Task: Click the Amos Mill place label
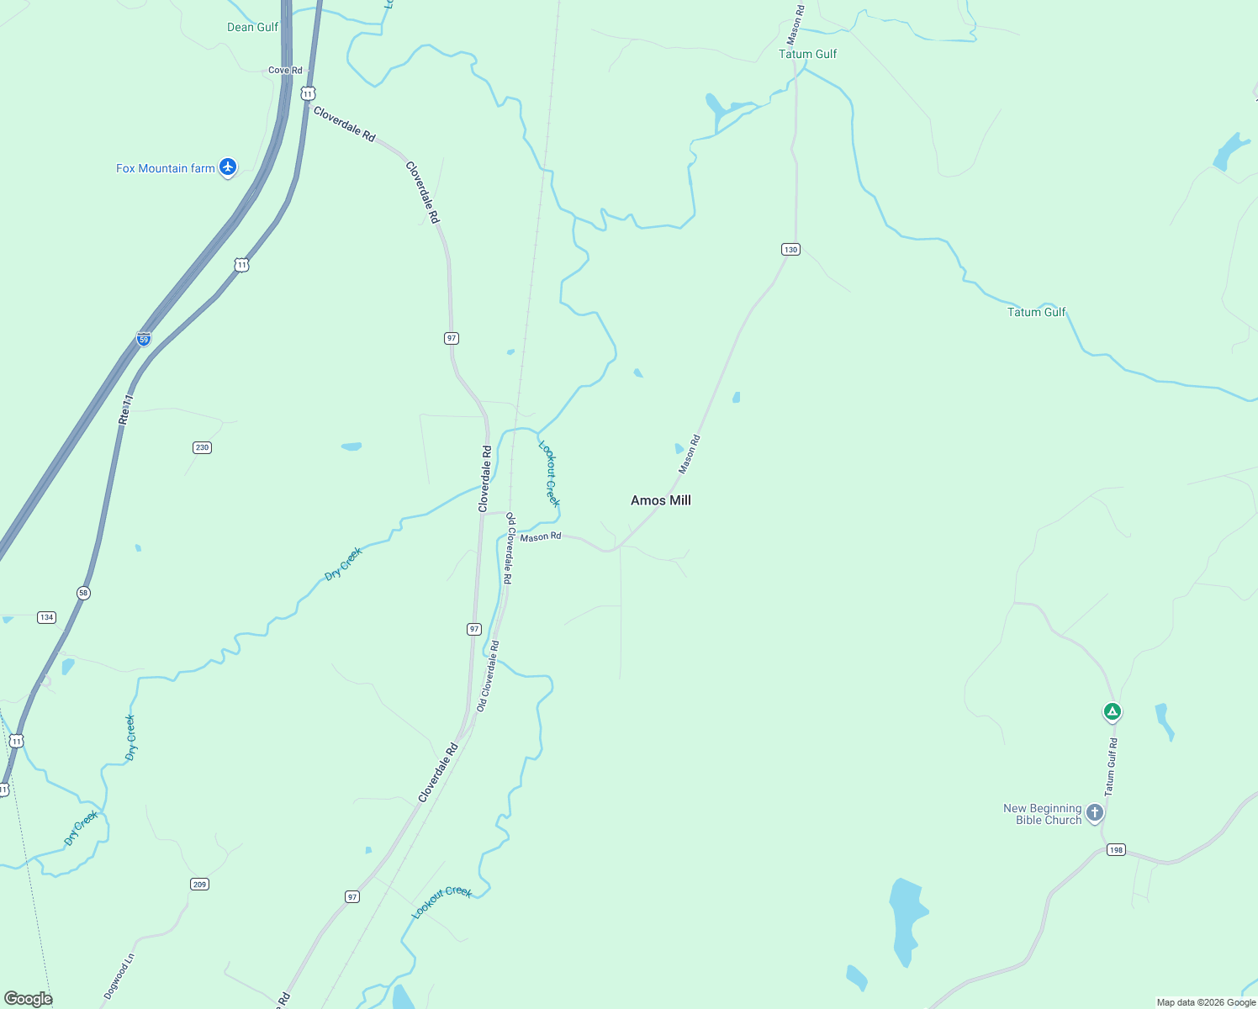(661, 500)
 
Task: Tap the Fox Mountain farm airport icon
(227, 167)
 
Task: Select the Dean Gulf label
(252, 27)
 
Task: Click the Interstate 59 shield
(144, 339)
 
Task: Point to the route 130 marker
(790, 250)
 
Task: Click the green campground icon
(1112, 713)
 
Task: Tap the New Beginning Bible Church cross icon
(1094, 812)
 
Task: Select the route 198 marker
(1115, 850)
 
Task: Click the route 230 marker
(202, 447)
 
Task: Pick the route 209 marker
(199, 885)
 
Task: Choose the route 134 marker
(46, 617)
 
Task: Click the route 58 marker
(82, 593)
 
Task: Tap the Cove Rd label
(285, 71)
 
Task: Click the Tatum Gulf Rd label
(1112, 767)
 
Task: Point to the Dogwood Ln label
(119, 976)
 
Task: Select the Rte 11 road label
(126, 409)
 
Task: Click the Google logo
(28, 999)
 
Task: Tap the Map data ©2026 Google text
(1206, 1002)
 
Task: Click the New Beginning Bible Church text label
(1042, 814)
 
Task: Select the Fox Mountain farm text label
(165, 168)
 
